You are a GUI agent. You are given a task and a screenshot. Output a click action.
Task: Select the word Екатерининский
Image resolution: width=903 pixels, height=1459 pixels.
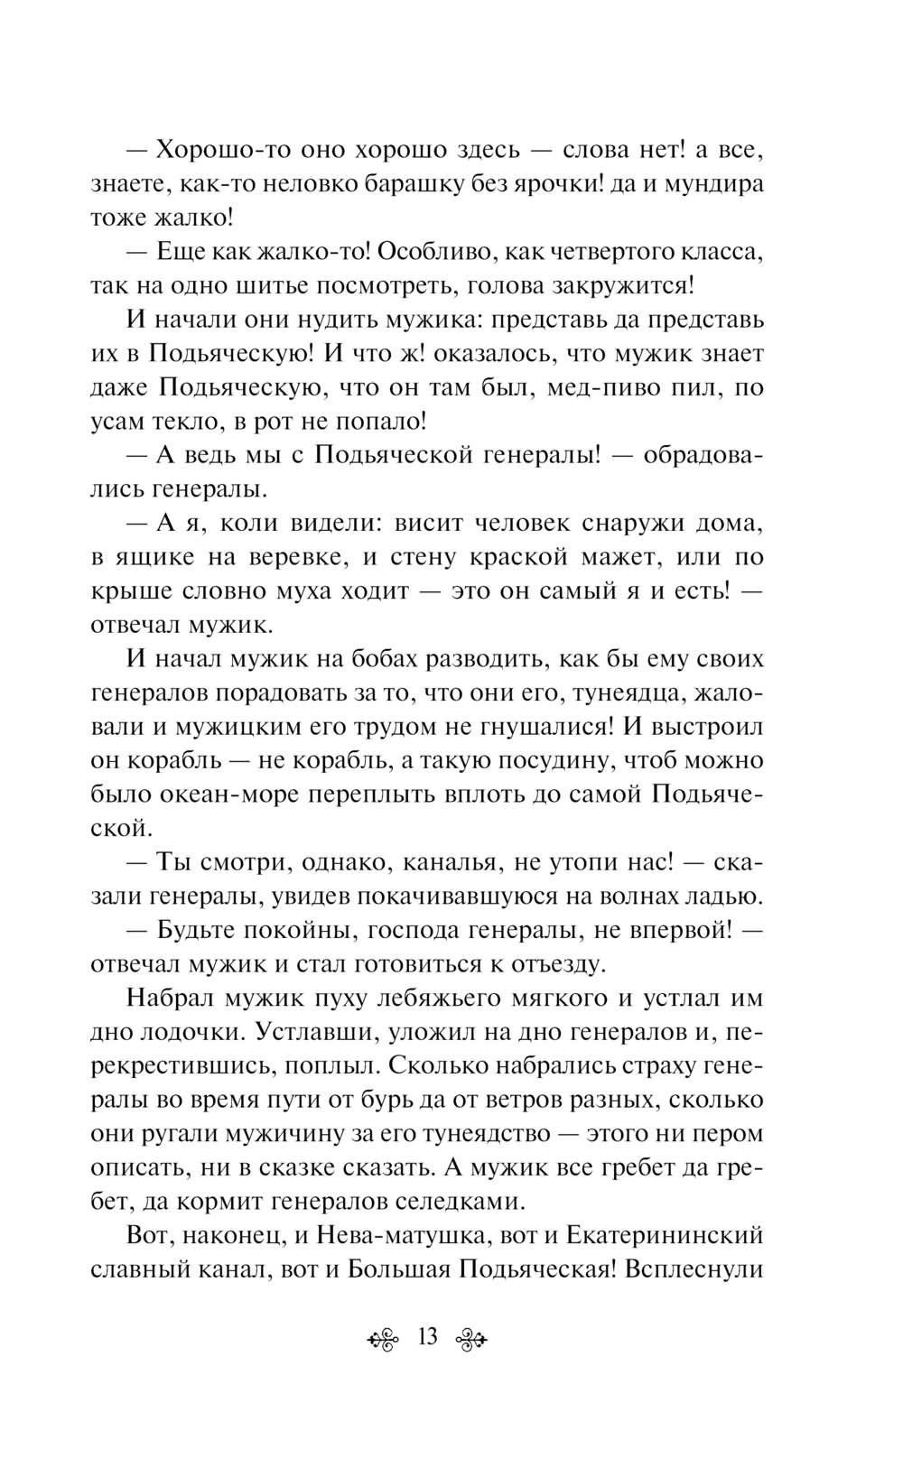coord(662,1235)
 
